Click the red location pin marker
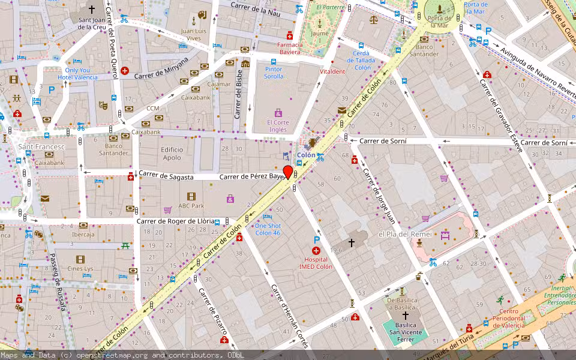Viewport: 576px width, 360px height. (288, 173)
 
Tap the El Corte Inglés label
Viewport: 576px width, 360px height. (278, 126)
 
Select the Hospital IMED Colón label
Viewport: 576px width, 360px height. (316, 263)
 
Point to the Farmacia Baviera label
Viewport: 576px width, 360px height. (289, 48)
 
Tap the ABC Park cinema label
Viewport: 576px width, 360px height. (191, 206)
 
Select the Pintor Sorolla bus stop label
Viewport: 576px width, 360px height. (274, 73)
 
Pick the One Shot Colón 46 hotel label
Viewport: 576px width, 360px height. (268, 229)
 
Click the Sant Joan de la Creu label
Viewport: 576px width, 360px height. (92, 23)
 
